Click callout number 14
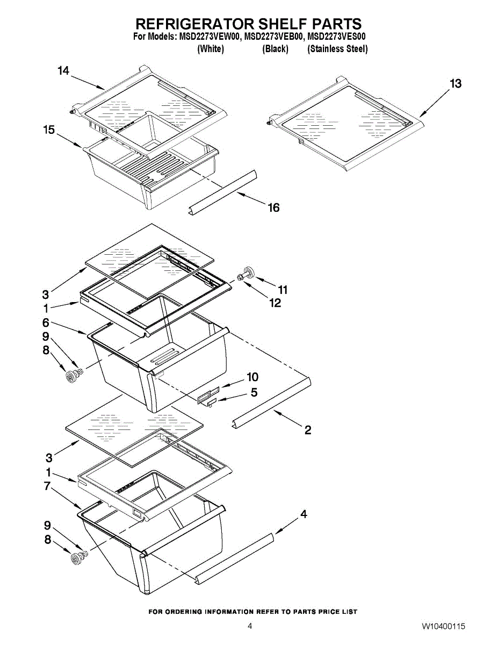[63, 71]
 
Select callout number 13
[456, 84]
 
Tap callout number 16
[274, 207]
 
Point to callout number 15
[49, 130]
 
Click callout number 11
[283, 290]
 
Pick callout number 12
[275, 303]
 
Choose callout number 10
[252, 377]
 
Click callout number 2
[308, 430]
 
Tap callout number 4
[304, 514]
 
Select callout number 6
[45, 322]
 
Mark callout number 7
[47, 486]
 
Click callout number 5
[254, 392]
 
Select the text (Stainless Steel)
[337, 49]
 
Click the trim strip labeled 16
[222, 192]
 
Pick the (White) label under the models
[211, 49]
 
